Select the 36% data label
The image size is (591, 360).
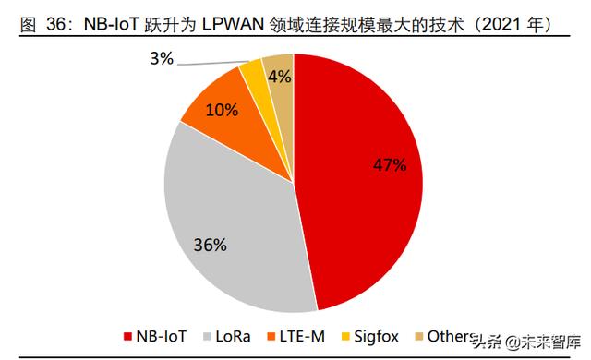(x=211, y=245)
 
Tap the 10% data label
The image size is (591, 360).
(x=222, y=111)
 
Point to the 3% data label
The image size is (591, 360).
(x=162, y=58)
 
